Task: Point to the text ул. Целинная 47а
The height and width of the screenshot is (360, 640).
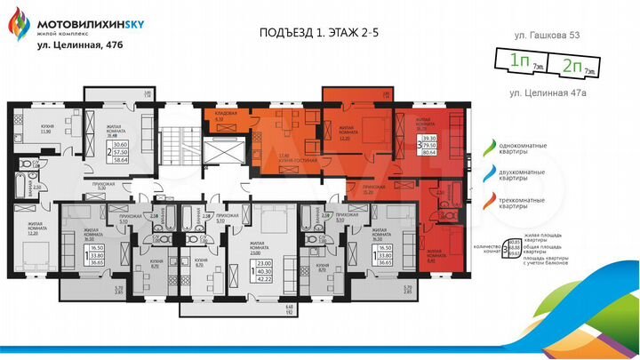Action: (x=548, y=92)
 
